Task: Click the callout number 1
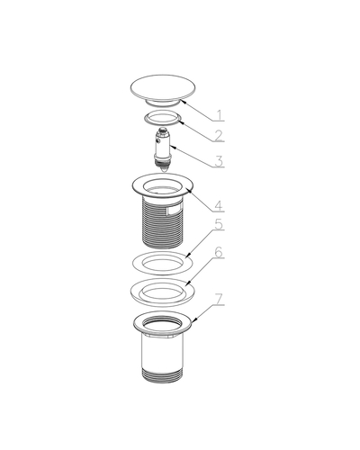(220, 115)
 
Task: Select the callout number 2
(220, 136)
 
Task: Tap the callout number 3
(220, 161)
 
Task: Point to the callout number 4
(220, 206)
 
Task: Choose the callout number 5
(220, 224)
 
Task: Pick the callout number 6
(220, 252)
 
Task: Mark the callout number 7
(220, 299)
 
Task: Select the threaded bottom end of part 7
(162, 375)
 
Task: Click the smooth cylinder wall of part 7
(162, 353)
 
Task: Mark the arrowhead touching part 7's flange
(194, 320)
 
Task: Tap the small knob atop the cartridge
(163, 130)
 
